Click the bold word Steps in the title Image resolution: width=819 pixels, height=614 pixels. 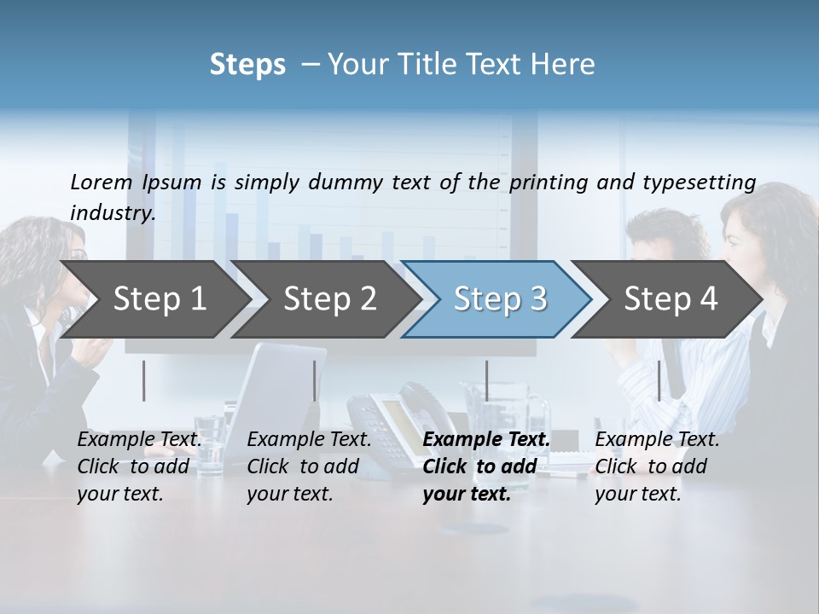(247, 65)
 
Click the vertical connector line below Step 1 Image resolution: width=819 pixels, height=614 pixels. (144, 380)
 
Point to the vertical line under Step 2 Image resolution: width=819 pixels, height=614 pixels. (315, 380)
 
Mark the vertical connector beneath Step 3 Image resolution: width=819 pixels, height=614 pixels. (486, 380)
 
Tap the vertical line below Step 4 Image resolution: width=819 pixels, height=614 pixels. (659, 380)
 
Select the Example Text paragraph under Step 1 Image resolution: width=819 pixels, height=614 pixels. (139, 466)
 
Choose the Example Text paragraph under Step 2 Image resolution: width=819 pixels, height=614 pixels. (309, 466)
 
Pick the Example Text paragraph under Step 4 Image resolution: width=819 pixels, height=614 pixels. (657, 466)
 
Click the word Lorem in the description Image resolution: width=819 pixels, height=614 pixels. (102, 182)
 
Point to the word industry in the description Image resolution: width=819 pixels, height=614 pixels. (113, 213)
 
